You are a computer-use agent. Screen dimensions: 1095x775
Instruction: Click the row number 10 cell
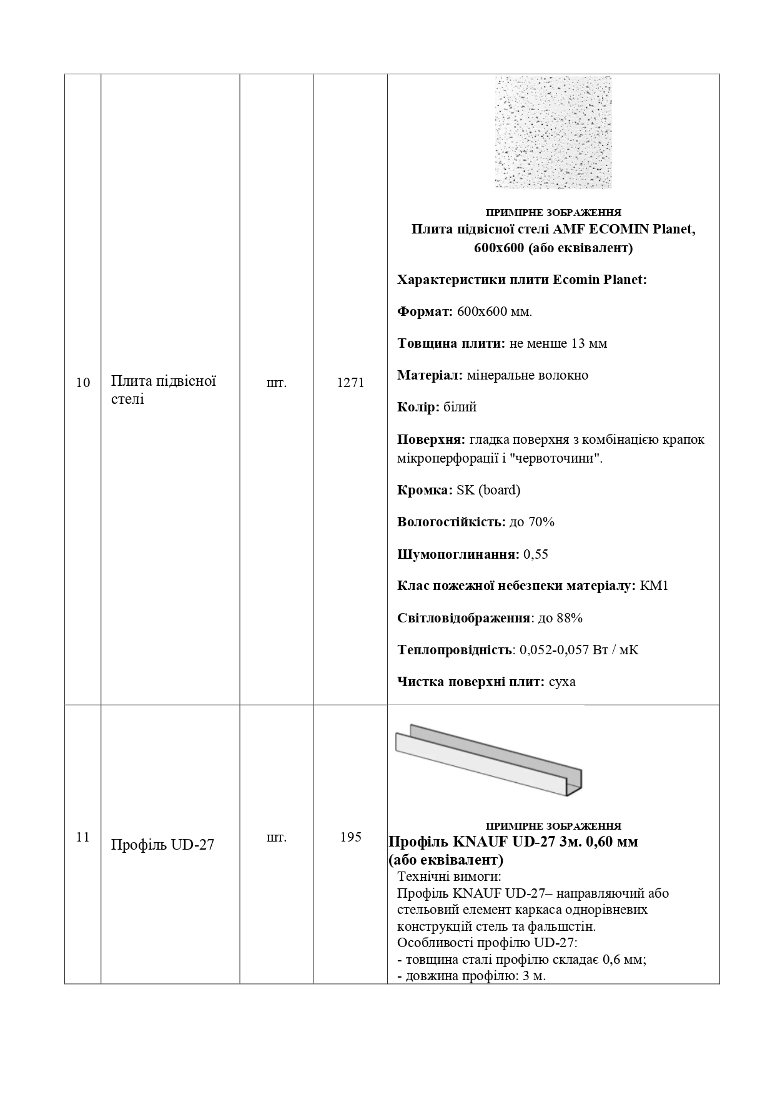point(83,383)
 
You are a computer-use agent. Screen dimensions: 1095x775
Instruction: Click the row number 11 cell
point(83,837)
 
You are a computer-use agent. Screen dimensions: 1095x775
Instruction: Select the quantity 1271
point(350,383)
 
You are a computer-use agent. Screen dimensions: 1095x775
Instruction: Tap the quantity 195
point(350,837)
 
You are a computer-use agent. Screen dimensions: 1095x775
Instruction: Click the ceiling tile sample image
point(553,132)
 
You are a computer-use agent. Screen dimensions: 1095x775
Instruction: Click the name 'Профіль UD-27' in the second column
point(162,845)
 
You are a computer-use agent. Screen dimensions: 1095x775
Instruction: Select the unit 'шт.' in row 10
point(277,383)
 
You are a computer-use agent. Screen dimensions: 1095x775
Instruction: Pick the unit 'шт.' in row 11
point(277,837)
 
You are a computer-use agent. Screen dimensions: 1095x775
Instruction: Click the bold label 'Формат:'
point(425,312)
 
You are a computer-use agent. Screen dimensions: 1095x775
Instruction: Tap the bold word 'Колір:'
point(418,408)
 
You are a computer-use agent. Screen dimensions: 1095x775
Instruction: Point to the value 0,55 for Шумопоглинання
point(536,554)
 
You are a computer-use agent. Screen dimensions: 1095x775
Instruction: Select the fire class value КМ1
point(654,586)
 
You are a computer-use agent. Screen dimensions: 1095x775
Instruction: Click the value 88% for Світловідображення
point(569,618)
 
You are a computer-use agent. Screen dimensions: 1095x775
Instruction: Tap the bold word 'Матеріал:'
point(430,376)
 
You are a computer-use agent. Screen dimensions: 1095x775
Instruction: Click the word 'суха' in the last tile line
point(561,682)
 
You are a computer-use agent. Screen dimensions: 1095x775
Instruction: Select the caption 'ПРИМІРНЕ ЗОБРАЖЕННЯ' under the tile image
point(553,212)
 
